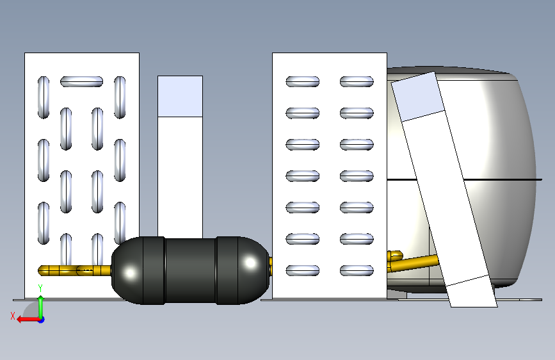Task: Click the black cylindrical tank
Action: [190, 270]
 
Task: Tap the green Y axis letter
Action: [40, 288]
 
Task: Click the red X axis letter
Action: [13, 316]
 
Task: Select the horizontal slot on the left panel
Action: [81, 81]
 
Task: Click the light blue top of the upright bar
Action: [180, 96]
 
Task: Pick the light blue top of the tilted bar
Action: [417, 97]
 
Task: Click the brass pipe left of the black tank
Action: [74, 270]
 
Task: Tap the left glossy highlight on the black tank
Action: [130, 273]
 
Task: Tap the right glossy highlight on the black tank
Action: [250, 263]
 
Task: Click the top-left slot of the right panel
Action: [303, 81]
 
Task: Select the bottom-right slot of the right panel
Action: [357, 270]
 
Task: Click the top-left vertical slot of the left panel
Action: [44, 97]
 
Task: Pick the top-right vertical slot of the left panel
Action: [120, 97]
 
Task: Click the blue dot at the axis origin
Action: [42, 320]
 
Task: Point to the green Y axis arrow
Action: [41, 307]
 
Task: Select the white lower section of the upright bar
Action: [180, 177]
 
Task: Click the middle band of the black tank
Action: [190, 270]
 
